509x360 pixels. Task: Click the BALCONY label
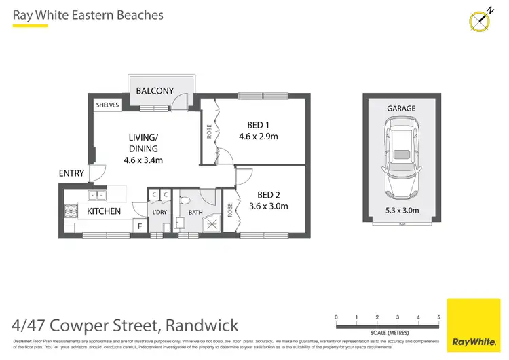155,91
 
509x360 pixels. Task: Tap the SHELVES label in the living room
108,105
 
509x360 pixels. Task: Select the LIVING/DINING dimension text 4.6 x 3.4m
143,160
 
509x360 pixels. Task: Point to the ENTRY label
71,174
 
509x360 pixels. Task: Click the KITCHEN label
104,211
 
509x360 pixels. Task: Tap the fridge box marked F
140,225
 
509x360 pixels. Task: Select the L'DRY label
159,213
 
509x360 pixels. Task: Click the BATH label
195,213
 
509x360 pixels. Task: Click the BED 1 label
258,124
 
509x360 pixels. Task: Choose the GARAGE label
401,108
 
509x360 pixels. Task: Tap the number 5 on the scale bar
438,317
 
